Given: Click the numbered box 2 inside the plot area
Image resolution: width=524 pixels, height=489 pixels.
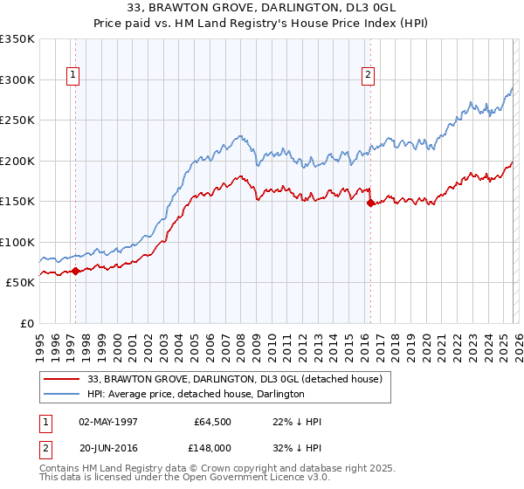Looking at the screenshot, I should tap(368, 76).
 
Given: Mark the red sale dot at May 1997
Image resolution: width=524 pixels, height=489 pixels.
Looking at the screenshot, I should tap(75, 271).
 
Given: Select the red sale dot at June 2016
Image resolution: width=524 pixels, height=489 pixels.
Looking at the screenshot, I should tap(370, 203).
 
